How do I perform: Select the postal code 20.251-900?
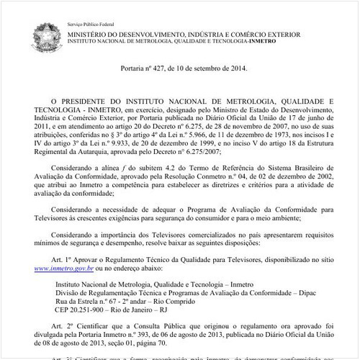[x=91, y=311]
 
